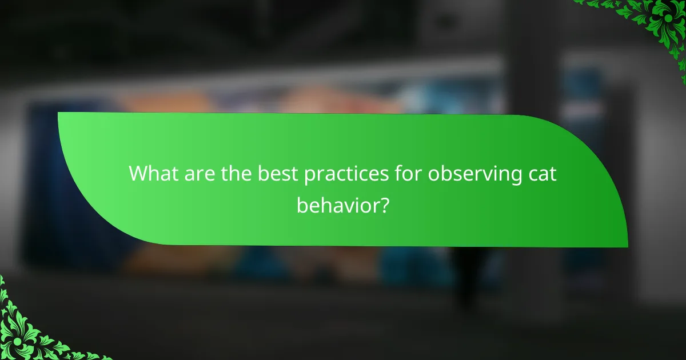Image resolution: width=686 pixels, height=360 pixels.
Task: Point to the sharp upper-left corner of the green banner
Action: pyautogui.click(x=59, y=113)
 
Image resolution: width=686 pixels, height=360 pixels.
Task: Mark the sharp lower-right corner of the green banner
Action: pyautogui.click(x=627, y=246)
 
